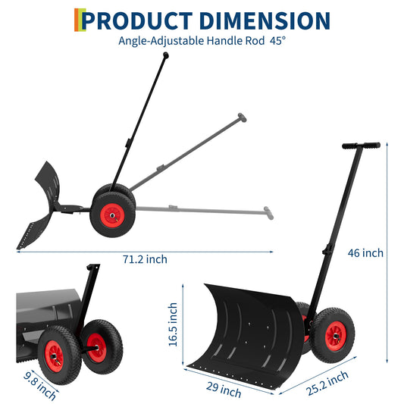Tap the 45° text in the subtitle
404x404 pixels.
pyautogui.click(x=276, y=41)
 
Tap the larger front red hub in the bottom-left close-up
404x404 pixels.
pyautogui.click(x=55, y=352)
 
